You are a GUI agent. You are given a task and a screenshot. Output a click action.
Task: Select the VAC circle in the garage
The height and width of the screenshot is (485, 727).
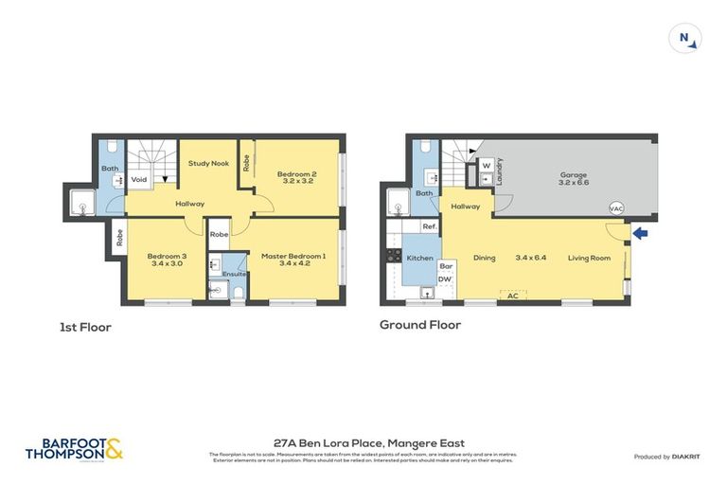tap(616, 208)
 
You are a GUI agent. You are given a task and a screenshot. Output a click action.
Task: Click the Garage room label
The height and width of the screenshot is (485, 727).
tap(573, 175)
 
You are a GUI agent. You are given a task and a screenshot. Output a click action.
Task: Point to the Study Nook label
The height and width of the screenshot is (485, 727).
tap(208, 163)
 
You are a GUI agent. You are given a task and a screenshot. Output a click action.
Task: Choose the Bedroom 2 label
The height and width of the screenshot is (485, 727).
tap(295, 174)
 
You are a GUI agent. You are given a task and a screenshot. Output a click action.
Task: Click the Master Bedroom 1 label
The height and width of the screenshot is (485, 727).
tap(294, 256)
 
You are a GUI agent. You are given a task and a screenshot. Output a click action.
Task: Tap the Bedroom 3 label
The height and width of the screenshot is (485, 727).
tap(166, 256)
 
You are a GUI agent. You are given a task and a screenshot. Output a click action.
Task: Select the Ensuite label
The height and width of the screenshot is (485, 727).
tap(235, 275)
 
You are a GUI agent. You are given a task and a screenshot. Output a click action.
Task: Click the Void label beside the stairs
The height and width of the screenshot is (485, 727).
tap(139, 179)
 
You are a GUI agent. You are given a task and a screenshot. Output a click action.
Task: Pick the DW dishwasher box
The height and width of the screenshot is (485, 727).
tap(445, 279)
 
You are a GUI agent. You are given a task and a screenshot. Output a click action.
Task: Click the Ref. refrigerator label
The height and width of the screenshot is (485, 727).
tap(429, 226)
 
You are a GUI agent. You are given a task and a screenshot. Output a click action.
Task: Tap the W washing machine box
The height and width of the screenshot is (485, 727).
tap(486, 164)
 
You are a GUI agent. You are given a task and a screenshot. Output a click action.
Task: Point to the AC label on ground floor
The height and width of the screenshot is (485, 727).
tap(512, 296)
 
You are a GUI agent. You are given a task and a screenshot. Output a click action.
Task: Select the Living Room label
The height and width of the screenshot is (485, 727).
tap(589, 258)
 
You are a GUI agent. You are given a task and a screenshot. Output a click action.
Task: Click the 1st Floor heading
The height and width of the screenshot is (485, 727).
tap(84, 327)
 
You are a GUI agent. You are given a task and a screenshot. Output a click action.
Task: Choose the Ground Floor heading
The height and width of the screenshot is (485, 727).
tap(420, 325)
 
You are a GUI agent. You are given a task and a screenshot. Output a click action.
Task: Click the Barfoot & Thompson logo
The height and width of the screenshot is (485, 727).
tap(74, 449)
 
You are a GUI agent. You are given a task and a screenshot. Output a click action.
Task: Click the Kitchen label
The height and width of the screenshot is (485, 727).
tap(419, 258)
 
